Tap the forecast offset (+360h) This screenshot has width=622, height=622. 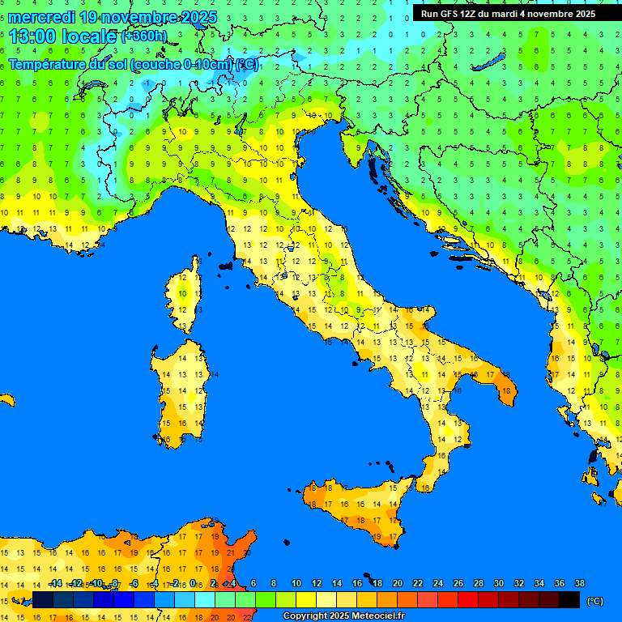[x=144, y=36]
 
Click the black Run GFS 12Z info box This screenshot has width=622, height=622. [x=508, y=14]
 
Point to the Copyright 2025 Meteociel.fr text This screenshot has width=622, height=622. [x=343, y=616]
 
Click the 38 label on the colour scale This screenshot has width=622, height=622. [x=579, y=583]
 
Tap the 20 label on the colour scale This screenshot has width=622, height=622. [x=398, y=583]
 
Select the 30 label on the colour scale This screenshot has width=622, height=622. [x=498, y=583]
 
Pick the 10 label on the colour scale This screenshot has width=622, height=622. [x=296, y=583]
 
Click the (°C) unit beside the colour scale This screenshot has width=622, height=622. [x=594, y=601]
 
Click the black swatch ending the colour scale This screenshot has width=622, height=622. [x=569, y=600]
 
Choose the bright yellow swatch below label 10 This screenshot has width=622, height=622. [x=306, y=600]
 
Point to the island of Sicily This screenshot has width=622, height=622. [x=356, y=510]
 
